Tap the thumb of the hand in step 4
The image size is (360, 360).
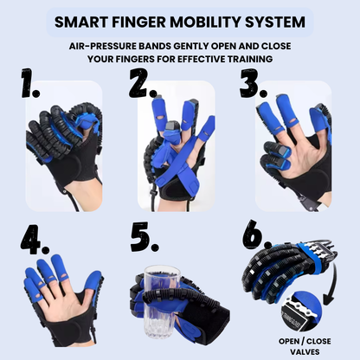coord(91,286)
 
